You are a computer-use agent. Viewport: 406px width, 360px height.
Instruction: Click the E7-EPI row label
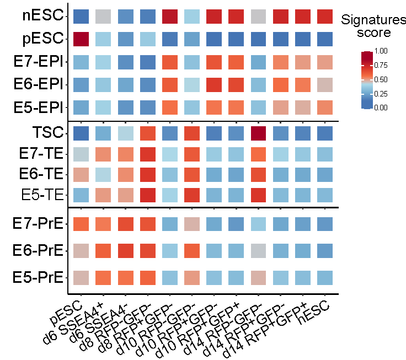[38, 61]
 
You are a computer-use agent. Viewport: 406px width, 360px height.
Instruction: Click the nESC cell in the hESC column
[326, 16]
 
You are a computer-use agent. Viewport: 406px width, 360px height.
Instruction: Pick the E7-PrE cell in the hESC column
[326, 224]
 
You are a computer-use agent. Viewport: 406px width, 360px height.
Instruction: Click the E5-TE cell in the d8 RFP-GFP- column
[148, 194]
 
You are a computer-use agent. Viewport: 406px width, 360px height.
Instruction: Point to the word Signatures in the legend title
[373, 20]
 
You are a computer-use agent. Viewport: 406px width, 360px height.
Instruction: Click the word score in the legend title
[373, 33]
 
